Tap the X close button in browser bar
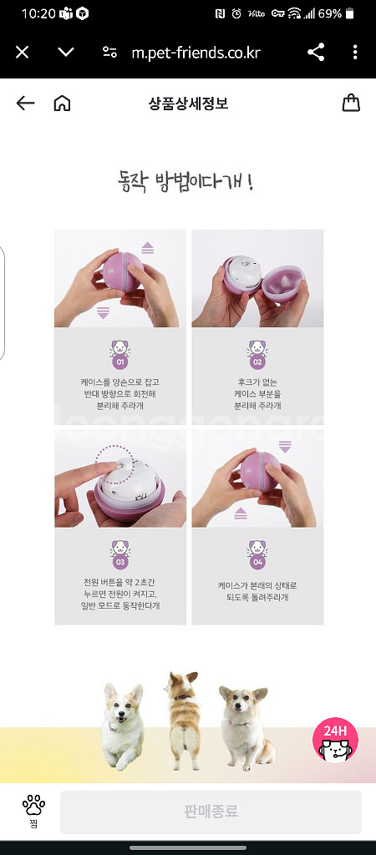23,53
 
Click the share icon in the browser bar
316,53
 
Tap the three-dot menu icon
355,53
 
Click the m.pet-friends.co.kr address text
196,53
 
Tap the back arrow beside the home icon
26,104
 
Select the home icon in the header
62,104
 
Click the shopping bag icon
351,104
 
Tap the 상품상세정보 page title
188,104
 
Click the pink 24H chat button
336,739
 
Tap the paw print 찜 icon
33,810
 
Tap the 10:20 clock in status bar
37,14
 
